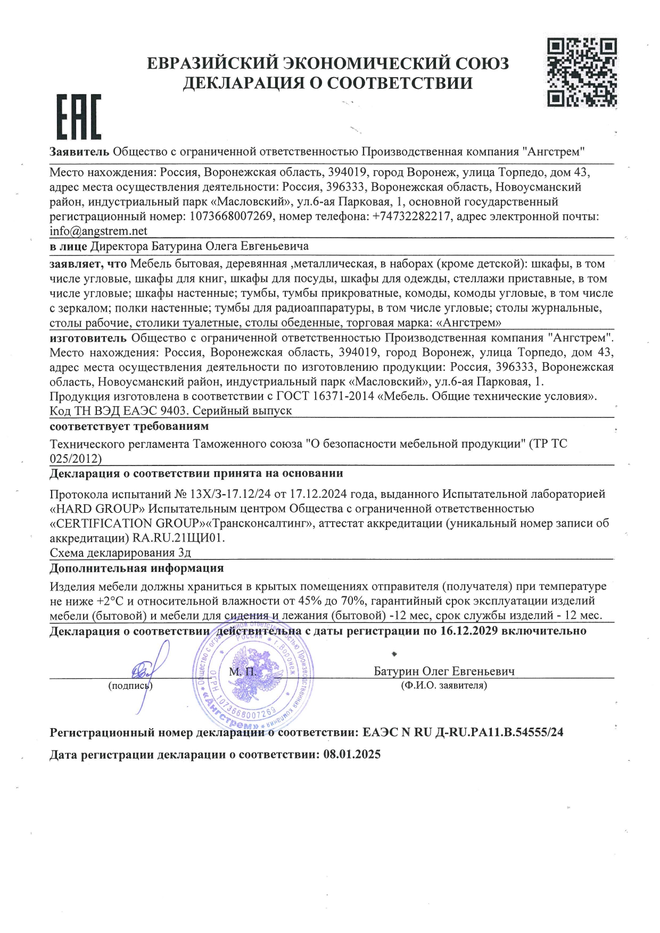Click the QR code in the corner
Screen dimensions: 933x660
point(582,72)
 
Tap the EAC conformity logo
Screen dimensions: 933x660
point(79,117)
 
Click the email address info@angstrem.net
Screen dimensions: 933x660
point(98,231)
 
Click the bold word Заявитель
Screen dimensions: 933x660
point(79,152)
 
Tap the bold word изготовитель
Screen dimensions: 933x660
point(88,338)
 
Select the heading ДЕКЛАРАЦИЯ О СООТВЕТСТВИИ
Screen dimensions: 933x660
point(327,83)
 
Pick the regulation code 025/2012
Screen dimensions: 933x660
point(76,459)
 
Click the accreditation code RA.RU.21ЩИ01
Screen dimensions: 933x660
point(178,538)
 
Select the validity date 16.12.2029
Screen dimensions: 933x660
point(469,631)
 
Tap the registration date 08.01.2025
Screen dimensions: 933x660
point(352,755)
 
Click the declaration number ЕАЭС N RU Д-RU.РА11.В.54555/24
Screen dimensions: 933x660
point(463,732)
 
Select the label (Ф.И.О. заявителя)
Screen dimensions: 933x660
point(444,686)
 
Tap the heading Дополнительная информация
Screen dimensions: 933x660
point(137,568)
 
